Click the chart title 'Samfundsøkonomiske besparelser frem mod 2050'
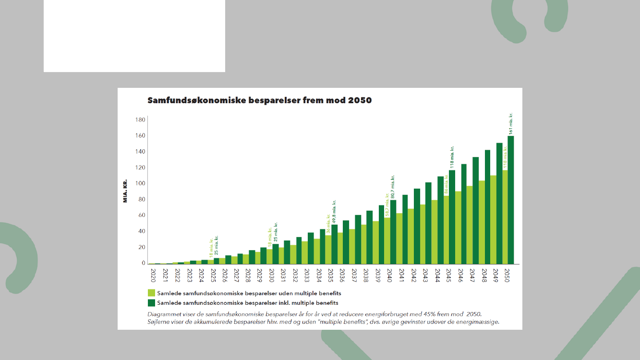(x=259, y=101)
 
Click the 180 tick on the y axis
(x=140, y=120)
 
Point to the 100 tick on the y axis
(x=140, y=183)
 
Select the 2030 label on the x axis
(x=272, y=275)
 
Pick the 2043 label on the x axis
(x=425, y=275)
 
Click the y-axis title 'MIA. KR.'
(x=125, y=191)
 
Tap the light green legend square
(x=151, y=293)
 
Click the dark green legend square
(x=151, y=303)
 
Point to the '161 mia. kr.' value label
(x=511, y=123)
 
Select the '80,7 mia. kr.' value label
(x=393, y=187)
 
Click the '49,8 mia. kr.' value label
(x=334, y=212)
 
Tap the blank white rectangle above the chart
(x=134, y=36)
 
